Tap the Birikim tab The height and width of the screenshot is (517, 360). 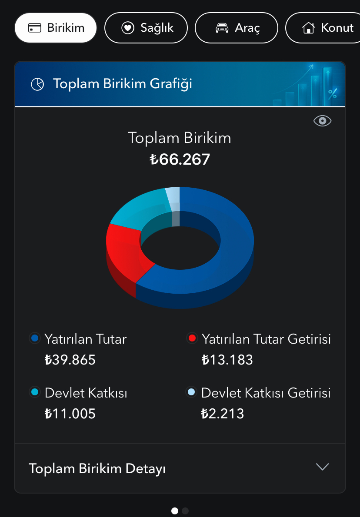pos(56,28)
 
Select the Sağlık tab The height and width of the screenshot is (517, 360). pos(146,28)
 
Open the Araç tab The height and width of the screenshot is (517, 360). pos(236,28)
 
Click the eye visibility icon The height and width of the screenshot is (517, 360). pos(322,121)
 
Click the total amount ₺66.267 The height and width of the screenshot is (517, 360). pos(180,159)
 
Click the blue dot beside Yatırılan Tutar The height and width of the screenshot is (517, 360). pos(35,338)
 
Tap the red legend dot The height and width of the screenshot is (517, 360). pos(192,338)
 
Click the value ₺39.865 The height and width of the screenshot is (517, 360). pos(70,360)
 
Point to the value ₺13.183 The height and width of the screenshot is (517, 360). pos(227,360)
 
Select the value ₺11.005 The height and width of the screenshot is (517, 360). pos(70,414)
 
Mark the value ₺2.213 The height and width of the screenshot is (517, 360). pos(223,414)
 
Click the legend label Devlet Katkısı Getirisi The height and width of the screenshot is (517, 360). pos(266,393)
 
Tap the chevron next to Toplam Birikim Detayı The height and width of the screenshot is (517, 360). pos(322,467)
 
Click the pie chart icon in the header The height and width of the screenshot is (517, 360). pos(37,84)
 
